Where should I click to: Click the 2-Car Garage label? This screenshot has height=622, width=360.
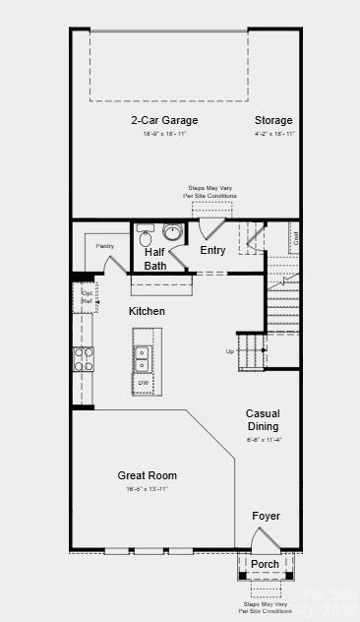[164, 121]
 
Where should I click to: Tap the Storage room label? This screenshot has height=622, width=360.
[273, 121]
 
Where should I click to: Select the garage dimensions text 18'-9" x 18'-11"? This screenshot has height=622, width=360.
[164, 133]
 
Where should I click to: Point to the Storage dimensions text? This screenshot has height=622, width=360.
[273, 133]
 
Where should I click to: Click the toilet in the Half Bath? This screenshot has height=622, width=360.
[146, 237]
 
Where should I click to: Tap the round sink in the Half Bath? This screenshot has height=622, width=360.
[172, 234]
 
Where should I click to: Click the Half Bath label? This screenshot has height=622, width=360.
[155, 258]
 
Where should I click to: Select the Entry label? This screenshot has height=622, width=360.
[212, 251]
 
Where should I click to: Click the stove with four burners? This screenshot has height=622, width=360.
[83, 359]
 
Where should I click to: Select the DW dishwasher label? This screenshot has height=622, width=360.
[143, 381]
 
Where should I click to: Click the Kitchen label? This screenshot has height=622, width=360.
[147, 311]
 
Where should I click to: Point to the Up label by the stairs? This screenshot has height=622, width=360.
[230, 351]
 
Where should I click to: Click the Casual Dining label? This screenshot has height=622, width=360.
[263, 420]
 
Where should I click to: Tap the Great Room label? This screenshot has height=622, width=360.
[147, 475]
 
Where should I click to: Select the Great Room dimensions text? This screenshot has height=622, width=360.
[147, 489]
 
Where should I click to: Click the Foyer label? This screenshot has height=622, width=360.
[266, 516]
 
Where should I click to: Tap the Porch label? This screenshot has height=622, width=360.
[265, 564]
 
